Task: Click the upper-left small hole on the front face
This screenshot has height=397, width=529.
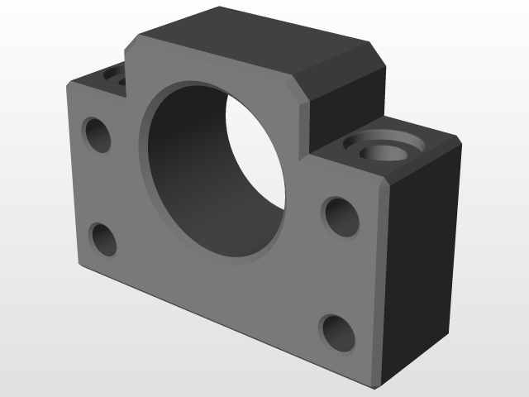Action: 98,134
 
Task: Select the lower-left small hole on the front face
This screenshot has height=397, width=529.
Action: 104,239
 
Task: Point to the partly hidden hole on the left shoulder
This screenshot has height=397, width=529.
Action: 113,77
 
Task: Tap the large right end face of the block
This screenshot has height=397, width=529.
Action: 419,256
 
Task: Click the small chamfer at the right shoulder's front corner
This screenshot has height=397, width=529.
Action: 385,184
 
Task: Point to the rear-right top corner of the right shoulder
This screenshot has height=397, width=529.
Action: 458,136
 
